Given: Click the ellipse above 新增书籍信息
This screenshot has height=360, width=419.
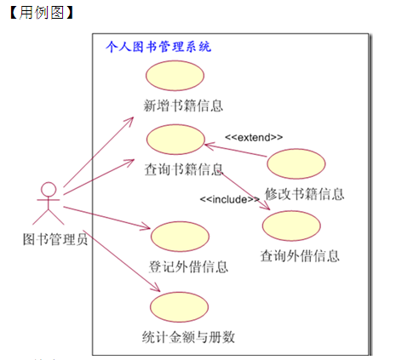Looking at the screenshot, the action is (x=175, y=76).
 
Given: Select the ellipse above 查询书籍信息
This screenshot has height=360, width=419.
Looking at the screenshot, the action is (x=175, y=140).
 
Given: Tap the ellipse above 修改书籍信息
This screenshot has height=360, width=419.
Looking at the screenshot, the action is (x=296, y=163).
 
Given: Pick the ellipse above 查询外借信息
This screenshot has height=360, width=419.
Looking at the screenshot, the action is (x=291, y=226).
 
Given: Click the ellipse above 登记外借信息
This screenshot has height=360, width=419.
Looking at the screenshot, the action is (x=180, y=237).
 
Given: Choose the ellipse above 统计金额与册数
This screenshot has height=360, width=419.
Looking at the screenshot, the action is (x=179, y=307).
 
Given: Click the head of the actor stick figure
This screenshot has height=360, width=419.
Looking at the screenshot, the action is (x=49, y=189).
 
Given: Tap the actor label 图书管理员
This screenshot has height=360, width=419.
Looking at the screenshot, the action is (x=55, y=239).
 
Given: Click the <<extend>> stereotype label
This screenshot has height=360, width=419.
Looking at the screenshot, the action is (x=254, y=137).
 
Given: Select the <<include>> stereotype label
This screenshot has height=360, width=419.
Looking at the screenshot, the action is (x=229, y=199).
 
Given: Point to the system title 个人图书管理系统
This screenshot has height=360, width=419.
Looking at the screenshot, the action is (x=158, y=47).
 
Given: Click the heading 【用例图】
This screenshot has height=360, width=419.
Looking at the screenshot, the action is (x=42, y=13).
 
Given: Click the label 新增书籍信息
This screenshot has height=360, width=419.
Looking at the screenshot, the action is (x=183, y=106).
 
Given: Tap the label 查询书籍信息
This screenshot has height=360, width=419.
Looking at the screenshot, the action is (x=184, y=169).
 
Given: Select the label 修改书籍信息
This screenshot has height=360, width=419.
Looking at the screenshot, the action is (x=305, y=194).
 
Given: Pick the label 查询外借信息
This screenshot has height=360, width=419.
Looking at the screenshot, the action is (x=300, y=256).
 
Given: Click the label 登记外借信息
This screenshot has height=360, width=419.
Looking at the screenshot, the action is (x=188, y=266).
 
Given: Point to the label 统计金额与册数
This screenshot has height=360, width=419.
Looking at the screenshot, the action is (x=188, y=337).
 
